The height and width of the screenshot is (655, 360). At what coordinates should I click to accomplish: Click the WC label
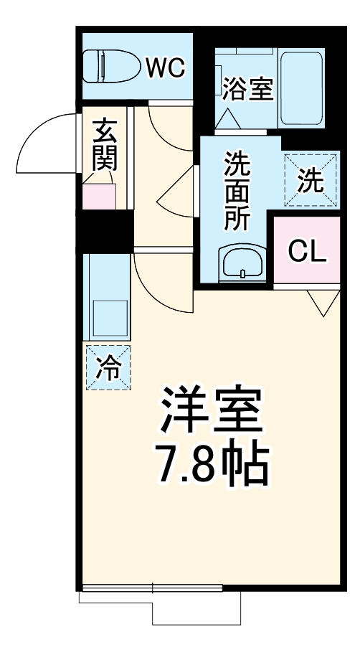click(x=166, y=68)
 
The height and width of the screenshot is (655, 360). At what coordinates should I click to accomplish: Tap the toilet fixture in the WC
click(x=112, y=67)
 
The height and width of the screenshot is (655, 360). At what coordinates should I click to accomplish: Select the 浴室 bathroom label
click(x=247, y=90)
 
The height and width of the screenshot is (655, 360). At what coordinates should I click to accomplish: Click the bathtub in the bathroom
click(x=302, y=86)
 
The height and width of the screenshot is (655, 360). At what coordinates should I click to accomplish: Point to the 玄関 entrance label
click(x=104, y=145)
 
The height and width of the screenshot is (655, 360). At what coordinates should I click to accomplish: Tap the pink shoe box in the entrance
click(x=98, y=195)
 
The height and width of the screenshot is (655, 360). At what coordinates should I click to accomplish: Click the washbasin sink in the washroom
click(x=243, y=263)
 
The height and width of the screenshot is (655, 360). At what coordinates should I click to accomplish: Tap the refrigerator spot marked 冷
click(x=109, y=367)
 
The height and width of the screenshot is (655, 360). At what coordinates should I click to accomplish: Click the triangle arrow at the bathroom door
click(x=228, y=118)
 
